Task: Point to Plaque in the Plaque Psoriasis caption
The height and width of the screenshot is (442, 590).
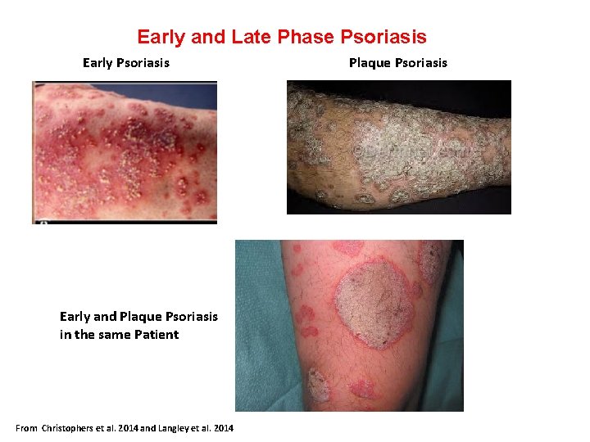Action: (x=370, y=63)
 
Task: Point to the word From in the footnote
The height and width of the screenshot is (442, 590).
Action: (x=27, y=428)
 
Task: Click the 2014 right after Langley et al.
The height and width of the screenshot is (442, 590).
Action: (x=222, y=428)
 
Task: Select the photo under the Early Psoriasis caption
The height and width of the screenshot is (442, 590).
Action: (x=125, y=151)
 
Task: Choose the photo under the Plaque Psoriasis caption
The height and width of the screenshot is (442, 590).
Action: (x=398, y=147)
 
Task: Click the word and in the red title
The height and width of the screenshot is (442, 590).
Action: (x=211, y=37)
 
